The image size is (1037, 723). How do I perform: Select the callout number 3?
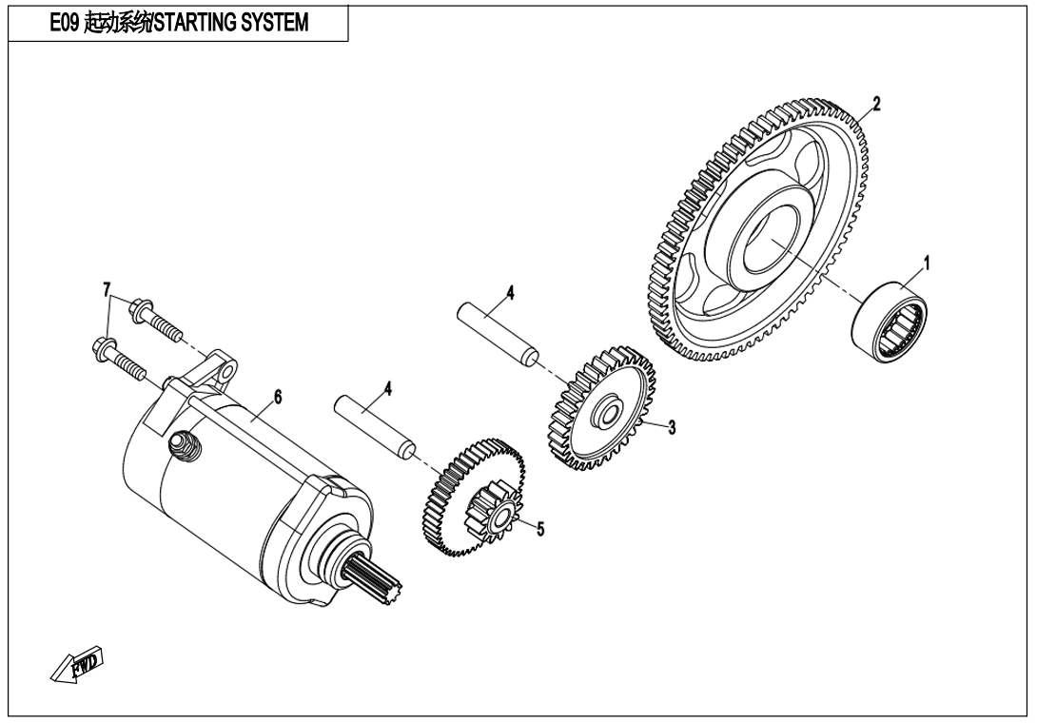tap(672, 427)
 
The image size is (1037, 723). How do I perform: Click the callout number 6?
tap(277, 398)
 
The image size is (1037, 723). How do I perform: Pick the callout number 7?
tap(108, 288)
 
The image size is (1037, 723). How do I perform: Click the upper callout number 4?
tap(510, 293)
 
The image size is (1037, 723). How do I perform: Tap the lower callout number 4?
tap(388, 388)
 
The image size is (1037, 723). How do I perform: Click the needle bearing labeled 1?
tap(889, 322)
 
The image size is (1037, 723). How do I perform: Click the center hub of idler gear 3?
tap(604, 414)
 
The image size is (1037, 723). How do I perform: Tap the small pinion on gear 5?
tap(493, 518)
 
